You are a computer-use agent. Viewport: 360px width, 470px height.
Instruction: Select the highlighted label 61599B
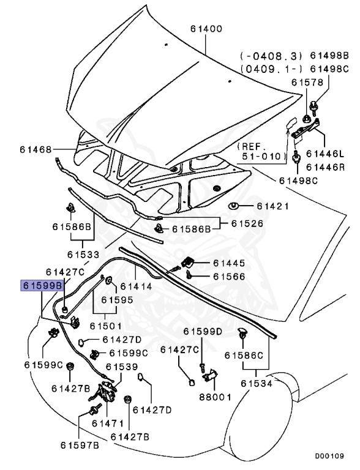[42, 286]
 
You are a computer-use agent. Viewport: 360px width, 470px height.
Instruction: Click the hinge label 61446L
[325, 154]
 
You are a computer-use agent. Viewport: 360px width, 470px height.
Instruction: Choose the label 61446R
[325, 166]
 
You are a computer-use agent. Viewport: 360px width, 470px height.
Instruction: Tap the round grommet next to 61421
[233, 206]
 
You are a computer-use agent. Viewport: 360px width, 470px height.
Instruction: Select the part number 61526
[249, 224]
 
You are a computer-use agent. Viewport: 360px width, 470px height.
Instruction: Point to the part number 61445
[229, 263]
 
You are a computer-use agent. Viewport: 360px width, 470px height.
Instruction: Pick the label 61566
[229, 277]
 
